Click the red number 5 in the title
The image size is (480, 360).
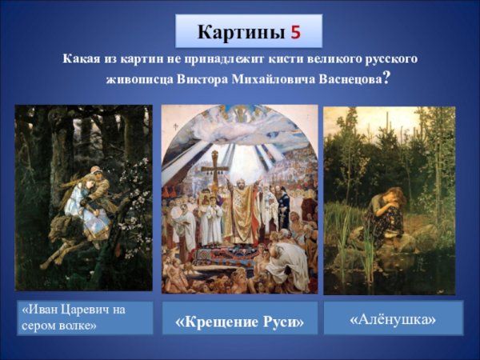point(296,33)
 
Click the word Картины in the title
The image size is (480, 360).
point(238,33)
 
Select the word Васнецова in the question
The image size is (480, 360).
point(342,80)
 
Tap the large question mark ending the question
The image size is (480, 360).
point(387,78)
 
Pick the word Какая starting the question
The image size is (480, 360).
point(77,59)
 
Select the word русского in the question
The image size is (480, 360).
point(390,59)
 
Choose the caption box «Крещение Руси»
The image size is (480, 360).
point(240,321)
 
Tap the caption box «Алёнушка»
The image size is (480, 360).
point(394,319)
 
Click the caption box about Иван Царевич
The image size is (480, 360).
point(84,317)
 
